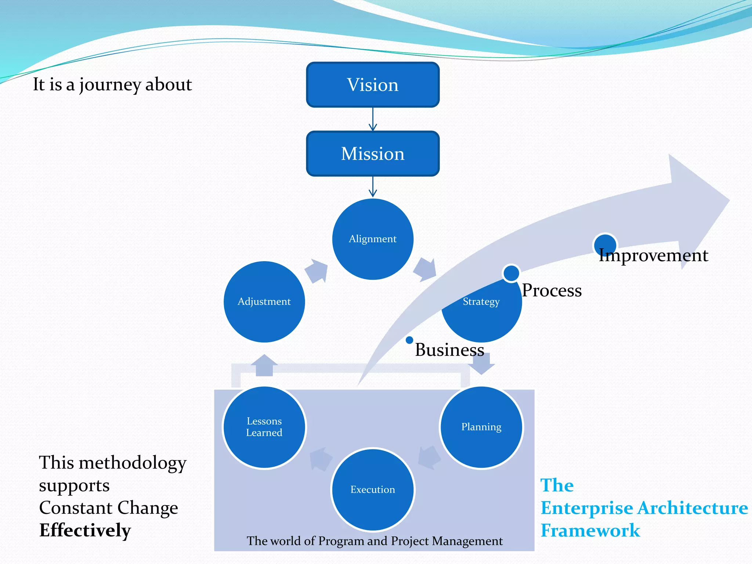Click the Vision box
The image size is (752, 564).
pos(373,85)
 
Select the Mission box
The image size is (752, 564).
pos(373,153)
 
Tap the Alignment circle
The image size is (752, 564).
pos(373,239)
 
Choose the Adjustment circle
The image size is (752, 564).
pos(264,301)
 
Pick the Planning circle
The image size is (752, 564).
pos(481,427)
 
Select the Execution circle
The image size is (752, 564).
pos(373,489)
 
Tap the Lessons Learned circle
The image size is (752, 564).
pos(264,427)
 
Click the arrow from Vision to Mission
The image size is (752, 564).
pos(373,119)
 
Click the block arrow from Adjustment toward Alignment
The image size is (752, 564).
pos(316,271)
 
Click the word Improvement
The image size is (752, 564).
pos(653,255)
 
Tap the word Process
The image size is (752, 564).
pos(552,290)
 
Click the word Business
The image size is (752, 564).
pos(449,350)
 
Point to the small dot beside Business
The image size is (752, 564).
pos(409,340)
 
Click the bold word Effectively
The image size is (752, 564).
pos(85,530)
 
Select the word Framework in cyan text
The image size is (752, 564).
pos(590,531)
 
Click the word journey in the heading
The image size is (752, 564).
pos(110,85)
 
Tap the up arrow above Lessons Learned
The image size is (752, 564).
pos(264,365)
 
